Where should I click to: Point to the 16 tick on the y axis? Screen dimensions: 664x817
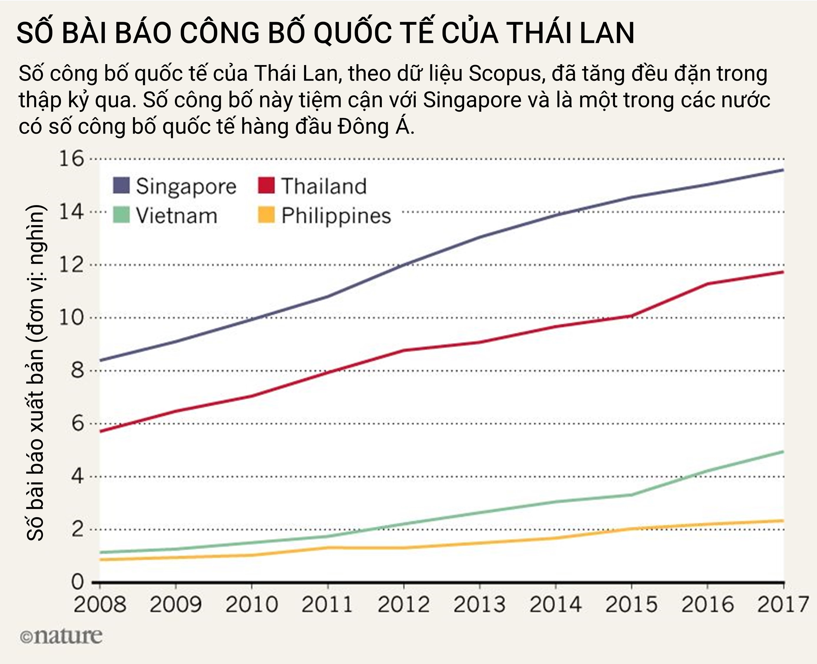click(x=72, y=158)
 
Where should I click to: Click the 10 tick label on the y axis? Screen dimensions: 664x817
click(x=72, y=318)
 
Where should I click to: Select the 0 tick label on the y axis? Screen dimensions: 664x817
click(x=77, y=582)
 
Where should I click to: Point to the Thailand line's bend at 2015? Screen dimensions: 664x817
click(x=632, y=316)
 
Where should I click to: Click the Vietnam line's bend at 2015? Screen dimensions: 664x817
click(x=632, y=494)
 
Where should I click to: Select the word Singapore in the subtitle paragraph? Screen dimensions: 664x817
click(x=472, y=100)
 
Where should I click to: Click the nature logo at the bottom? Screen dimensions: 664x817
click(x=61, y=636)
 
